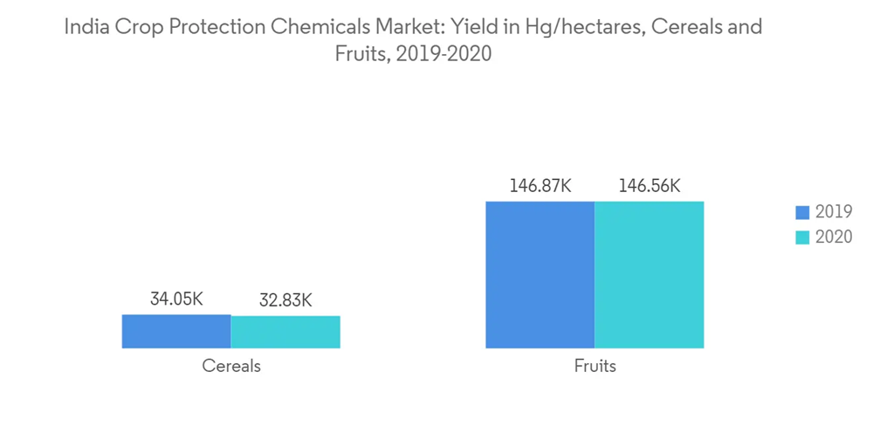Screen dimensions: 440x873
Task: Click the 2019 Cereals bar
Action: [x=176, y=332]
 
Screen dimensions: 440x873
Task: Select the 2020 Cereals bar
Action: [x=285, y=333]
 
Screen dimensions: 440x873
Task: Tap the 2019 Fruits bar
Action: [x=540, y=275]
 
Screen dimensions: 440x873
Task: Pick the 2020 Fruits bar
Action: [x=649, y=275]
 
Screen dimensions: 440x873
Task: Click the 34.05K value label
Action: [x=176, y=299]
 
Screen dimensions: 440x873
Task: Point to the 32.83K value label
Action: [x=285, y=301]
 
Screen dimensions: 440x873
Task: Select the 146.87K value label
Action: [x=540, y=186]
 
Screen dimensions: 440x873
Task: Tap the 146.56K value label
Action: [x=649, y=186]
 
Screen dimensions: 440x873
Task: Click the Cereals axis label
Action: [x=231, y=366]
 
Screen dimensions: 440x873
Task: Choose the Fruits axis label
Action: [x=595, y=366]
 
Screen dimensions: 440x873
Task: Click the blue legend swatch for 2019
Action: [x=803, y=212]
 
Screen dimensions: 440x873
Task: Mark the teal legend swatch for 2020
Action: [x=803, y=237]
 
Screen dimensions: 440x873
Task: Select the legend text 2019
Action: [x=833, y=212]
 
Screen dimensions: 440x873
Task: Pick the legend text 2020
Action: [x=833, y=237]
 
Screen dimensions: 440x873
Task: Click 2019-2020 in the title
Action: [x=443, y=54]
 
